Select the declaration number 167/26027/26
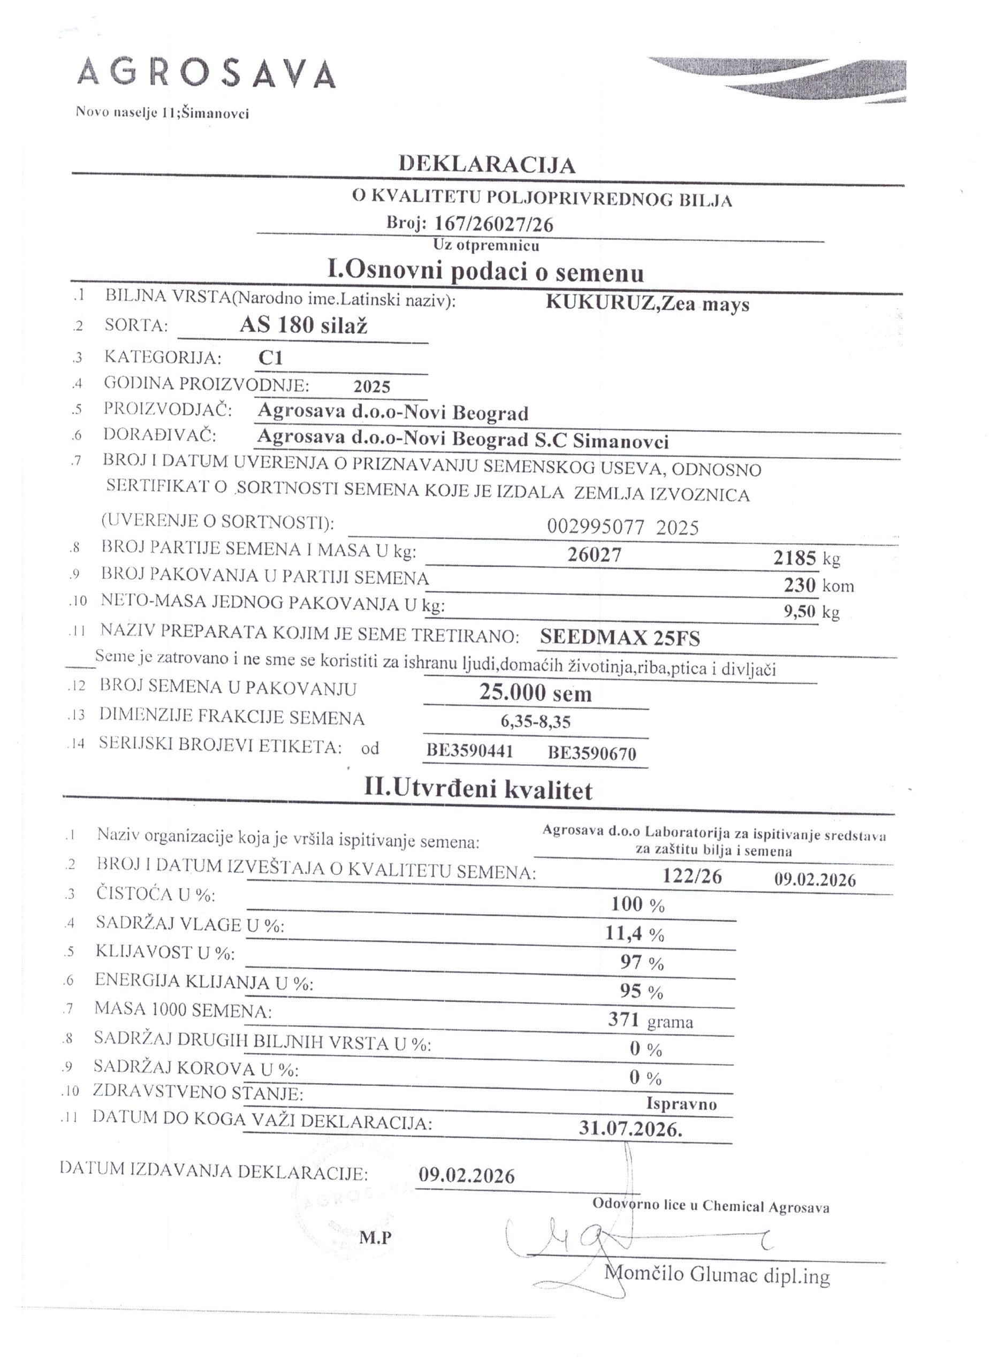493,224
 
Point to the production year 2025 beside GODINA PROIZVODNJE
372,386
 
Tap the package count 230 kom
818,585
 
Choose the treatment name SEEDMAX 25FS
620,637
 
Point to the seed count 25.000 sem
535,693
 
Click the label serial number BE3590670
592,753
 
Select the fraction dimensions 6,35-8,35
535,721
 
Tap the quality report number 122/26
691,877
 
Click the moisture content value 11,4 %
634,934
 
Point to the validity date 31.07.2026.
630,1129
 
